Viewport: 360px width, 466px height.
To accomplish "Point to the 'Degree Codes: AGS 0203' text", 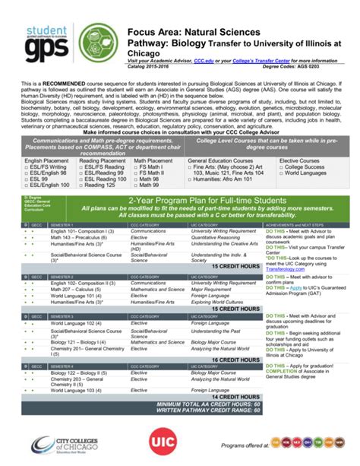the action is [314, 66].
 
